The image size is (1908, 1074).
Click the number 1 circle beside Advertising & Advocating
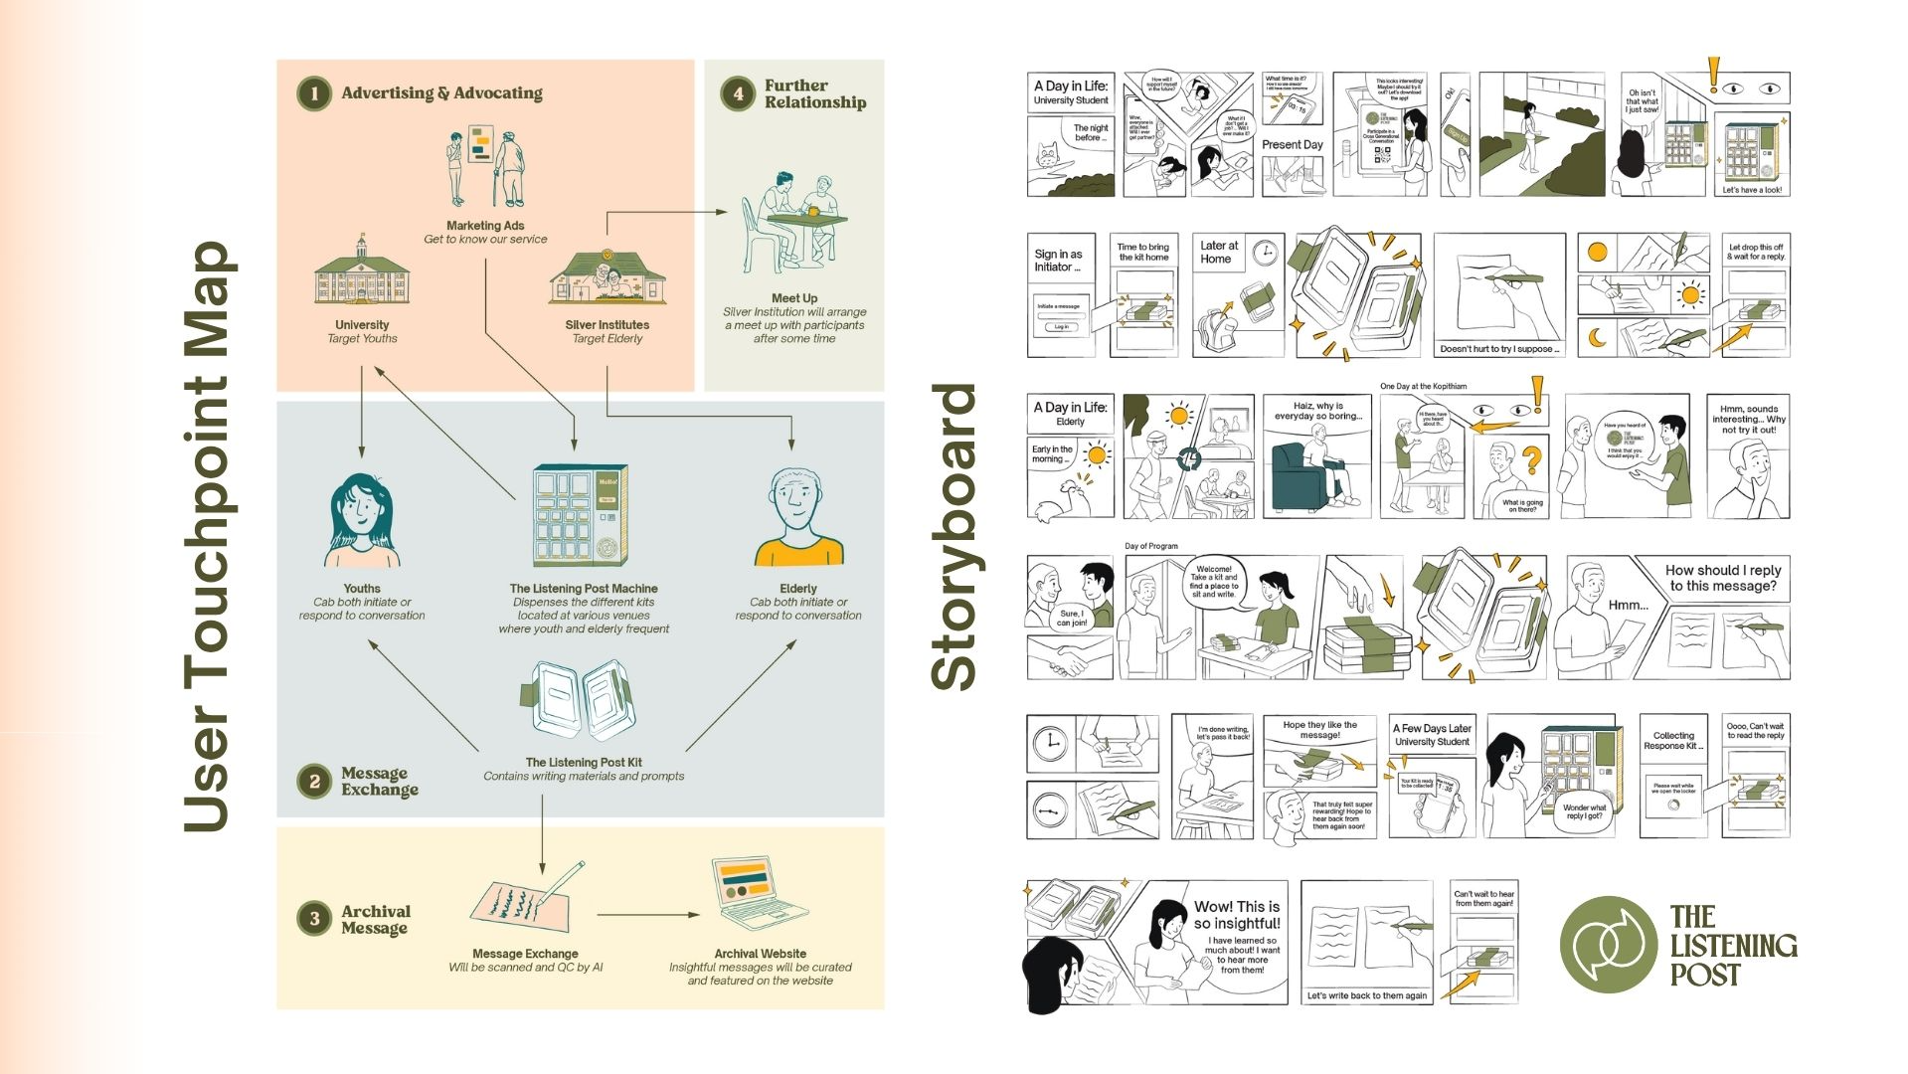click(x=314, y=93)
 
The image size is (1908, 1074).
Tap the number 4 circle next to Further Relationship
click(x=738, y=93)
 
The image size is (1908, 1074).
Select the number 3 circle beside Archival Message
click(x=314, y=919)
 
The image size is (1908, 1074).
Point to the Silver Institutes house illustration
click(x=607, y=275)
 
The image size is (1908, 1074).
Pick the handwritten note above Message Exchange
click(x=523, y=899)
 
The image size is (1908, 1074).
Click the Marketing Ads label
click(x=485, y=226)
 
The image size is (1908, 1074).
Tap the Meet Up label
click(x=794, y=298)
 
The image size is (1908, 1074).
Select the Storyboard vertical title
click(x=955, y=537)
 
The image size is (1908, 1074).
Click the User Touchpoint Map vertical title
click(x=208, y=537)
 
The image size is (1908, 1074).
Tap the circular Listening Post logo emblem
click(x=1608, y=945)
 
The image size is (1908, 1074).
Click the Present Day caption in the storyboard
click(x=1292, y=145)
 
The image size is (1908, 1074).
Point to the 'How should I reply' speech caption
click(x=1722, y=578)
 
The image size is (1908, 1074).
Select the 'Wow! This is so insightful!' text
click(x=1237, y=915)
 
